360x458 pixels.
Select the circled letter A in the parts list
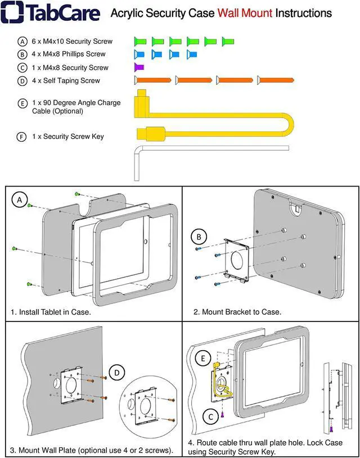22,42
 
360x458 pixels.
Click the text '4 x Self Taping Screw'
66,81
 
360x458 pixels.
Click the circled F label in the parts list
22,137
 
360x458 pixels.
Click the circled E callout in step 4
201,357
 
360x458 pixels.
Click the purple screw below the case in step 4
223,415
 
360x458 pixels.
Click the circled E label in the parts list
22,103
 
